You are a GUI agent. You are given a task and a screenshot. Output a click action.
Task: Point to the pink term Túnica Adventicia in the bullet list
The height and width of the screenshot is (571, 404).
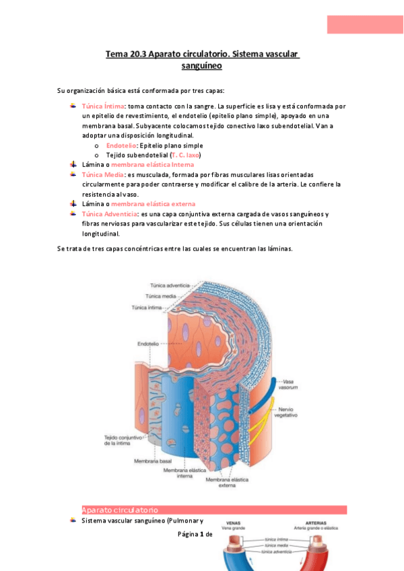(x=107, y=213)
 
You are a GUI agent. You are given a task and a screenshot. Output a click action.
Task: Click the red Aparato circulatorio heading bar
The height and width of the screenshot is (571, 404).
(x=213, y=510)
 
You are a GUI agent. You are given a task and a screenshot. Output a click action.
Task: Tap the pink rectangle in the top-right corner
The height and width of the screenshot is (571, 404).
(x=365, y=24)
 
